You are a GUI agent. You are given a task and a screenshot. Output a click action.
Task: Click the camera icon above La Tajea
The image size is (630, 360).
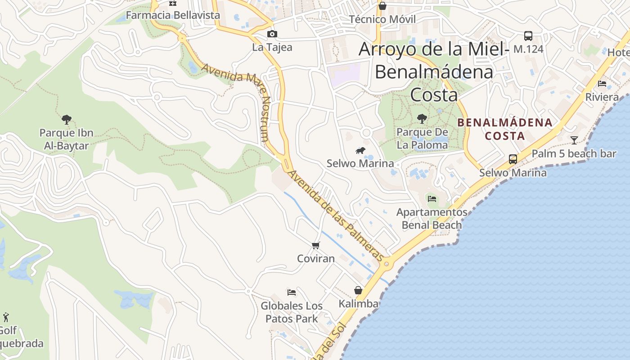point(272,34)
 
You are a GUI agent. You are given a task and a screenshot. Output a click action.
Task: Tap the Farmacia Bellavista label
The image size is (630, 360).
point(173,15)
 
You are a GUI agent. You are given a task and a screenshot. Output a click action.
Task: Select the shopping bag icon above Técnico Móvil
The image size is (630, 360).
point(382,6)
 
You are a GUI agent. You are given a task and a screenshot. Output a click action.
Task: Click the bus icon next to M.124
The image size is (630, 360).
point(528,36)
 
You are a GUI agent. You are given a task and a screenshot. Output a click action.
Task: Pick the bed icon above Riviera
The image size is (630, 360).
point(602,84)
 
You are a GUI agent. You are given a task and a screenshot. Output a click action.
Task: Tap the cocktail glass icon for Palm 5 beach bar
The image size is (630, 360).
point(574,140)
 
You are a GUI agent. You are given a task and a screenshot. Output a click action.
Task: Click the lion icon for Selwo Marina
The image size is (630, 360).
point(360,150)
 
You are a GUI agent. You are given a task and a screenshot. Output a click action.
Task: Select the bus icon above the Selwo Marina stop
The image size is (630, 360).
point(513,159)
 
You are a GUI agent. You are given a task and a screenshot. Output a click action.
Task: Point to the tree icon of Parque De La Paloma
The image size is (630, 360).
point(422,119)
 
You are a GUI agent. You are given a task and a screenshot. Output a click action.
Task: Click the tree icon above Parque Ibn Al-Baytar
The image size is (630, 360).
point(67,120)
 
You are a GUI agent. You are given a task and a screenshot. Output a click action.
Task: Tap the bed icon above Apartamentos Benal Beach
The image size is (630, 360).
point(432,198)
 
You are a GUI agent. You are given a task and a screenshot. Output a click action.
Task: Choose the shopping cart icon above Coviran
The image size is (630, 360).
point(316,245)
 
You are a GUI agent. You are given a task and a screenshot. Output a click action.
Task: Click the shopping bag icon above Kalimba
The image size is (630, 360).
point(358,290)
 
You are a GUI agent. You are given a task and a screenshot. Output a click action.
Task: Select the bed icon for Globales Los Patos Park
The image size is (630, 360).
point(292,292)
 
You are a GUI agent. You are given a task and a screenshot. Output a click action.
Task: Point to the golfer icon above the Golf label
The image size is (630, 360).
point(6,317)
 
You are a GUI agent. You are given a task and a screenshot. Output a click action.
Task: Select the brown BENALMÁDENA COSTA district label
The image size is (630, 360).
point(504,129)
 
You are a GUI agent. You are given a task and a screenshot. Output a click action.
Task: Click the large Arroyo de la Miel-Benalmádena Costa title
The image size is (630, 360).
point(434,72)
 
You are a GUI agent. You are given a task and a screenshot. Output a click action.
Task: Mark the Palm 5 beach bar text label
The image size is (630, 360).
point(574,154)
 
